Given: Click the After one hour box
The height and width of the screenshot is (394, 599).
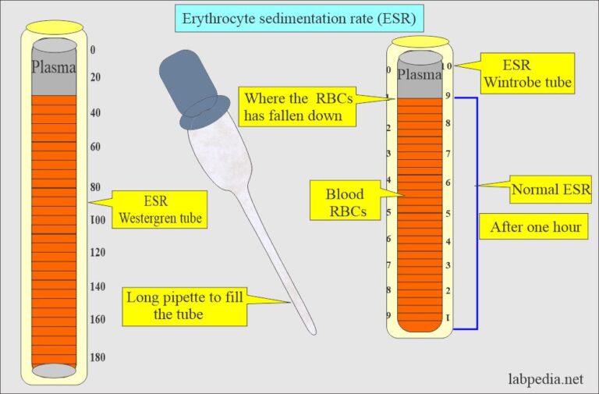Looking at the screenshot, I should click(x=535, y=228).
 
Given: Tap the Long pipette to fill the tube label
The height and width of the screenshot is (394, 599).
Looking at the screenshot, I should click(x=185, y=305).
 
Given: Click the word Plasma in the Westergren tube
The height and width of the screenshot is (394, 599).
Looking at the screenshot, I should click(x=53, y=67).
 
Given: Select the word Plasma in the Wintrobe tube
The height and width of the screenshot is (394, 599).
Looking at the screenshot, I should click(x=420, y=74).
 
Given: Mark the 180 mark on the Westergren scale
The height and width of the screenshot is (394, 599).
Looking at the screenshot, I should click(x=97, y=357).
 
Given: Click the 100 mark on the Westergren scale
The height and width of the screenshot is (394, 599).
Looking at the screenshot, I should click(x=97, y=220).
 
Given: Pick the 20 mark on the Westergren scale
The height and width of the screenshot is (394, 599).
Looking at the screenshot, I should click(x=97, y=77).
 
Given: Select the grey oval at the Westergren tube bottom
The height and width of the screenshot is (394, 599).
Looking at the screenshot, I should click(x=54, y=371).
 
